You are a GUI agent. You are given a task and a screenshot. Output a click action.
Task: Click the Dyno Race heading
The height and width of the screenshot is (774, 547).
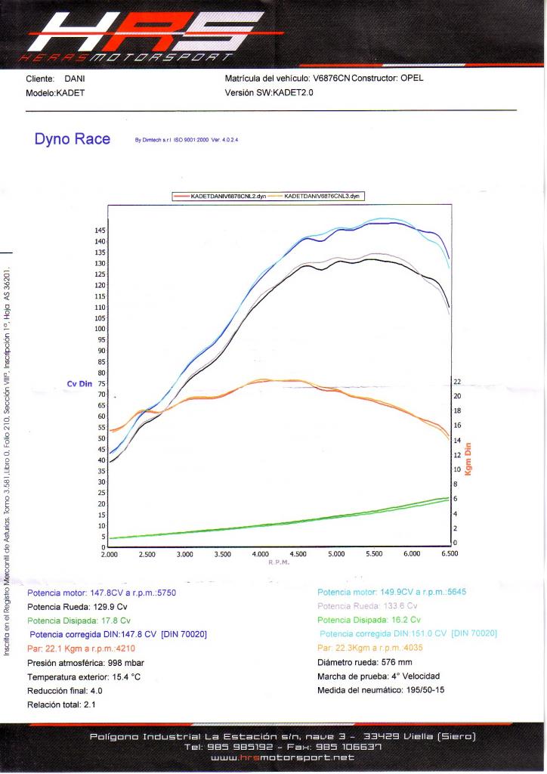[73, 139]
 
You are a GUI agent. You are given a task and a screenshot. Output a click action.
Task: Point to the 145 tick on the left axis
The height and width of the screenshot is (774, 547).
[100, 230]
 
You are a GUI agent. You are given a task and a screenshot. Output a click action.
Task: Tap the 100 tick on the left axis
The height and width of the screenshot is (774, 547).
[100, 329]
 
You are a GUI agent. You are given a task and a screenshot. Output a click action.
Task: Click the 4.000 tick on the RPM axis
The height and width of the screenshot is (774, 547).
[261, 554]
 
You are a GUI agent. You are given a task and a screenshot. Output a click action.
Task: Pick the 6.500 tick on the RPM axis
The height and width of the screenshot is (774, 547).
[450, 554]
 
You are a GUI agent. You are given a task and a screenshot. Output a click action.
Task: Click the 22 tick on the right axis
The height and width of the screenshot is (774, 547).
[456, 382]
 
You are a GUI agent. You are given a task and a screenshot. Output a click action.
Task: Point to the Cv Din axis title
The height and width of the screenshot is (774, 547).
[79, 384]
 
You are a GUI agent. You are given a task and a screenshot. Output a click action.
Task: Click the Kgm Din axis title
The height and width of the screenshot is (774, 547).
[468, 460]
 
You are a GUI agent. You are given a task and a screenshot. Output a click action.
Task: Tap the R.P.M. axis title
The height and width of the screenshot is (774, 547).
[279, 562]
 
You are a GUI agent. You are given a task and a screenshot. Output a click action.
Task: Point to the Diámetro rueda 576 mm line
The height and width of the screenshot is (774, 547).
[365, 662]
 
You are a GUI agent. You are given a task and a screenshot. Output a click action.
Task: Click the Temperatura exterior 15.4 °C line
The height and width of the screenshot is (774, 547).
[84, 676]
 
